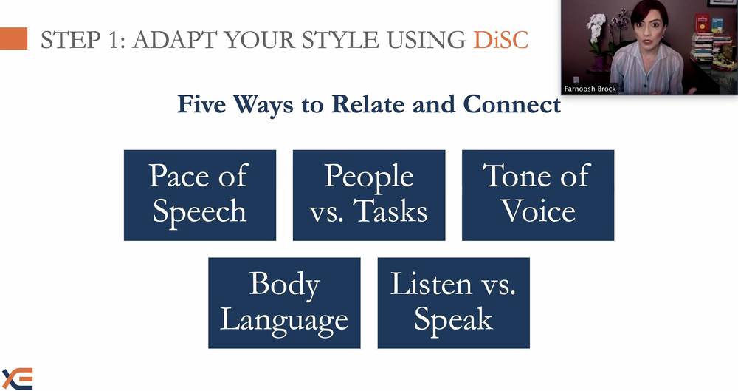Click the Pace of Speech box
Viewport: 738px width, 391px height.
coord(200,195)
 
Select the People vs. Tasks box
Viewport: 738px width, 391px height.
coord(369,195)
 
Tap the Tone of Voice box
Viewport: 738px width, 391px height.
coord(538,195)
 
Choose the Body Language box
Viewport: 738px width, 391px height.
coord(284,303)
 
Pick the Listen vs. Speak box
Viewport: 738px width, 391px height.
coord(454,303)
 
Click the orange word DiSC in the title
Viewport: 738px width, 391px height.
coord(501,40)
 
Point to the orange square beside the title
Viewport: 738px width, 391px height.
coord(13,38)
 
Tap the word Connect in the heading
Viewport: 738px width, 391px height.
coord(511,104)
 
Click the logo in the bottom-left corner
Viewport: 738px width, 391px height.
coord(18,378)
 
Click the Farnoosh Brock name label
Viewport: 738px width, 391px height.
coord(590,89)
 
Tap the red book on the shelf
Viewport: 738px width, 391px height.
coord(702,22)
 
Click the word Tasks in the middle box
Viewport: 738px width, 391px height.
coord(390,211)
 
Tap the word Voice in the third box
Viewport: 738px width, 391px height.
coord(538,211)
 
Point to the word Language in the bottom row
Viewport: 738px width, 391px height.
coord(284,321)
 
